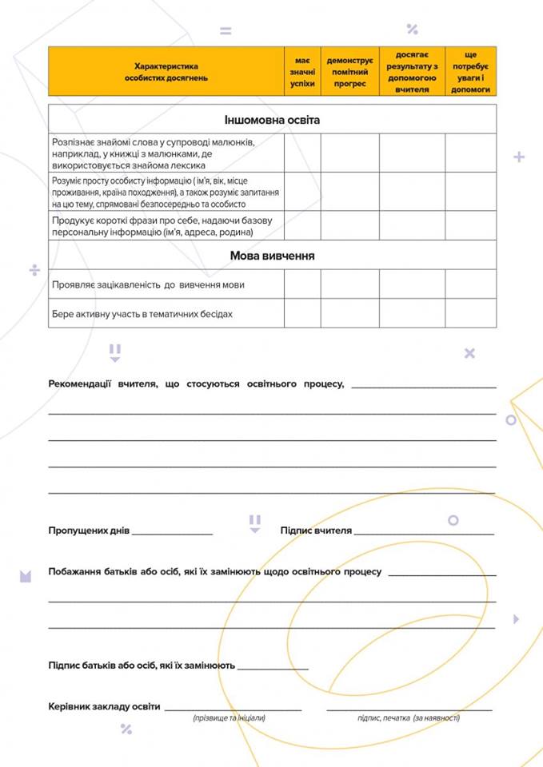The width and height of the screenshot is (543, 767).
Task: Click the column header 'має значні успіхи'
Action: click(x=302, y=72)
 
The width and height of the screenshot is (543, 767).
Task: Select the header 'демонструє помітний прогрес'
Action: click(x=349, y=72)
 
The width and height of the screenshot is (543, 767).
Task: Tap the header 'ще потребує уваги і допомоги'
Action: click(x=470, y=72)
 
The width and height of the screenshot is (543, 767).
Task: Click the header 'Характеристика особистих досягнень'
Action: click(x=166, y=72)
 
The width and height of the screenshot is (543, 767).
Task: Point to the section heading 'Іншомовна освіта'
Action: click(x=272, y=119)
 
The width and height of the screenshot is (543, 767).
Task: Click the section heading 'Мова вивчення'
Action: click(x=272, y=256)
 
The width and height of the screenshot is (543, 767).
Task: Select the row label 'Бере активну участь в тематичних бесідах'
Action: click(x=142, y=314)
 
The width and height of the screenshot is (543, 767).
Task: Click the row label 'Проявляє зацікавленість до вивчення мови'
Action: click(x=149, y=284)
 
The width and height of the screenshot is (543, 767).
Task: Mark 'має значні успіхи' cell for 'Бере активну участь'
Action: click(x=302, y=314)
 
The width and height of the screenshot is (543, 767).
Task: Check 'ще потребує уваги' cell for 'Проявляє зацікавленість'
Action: click(x=470, y=284)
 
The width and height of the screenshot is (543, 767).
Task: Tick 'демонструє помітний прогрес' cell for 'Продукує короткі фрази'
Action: click(x=349, y=226)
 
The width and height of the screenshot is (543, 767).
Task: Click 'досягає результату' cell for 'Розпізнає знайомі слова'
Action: click(x=412, y=153)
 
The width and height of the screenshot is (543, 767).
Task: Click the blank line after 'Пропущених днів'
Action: click(x=173, y=531)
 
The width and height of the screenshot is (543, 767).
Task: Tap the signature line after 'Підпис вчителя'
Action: click(x=424, y=531)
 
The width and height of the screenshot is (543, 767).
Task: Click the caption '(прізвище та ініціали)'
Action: click(x=229, y=718)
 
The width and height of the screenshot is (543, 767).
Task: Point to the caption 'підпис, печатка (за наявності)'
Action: click(x=408, y=718)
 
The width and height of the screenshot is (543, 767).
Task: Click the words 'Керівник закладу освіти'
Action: click(x=104, y=707)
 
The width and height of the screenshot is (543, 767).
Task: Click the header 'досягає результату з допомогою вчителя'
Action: click(x=412, y=72)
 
